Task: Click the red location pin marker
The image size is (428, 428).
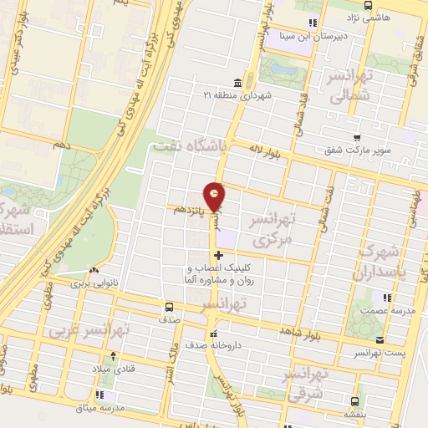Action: pyautogui.click(x=217, y=196)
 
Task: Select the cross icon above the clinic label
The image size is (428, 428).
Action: pyautogui.click(x=218, y=255)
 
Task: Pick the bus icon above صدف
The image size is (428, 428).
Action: pyautogui.click(x=170, y=307)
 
